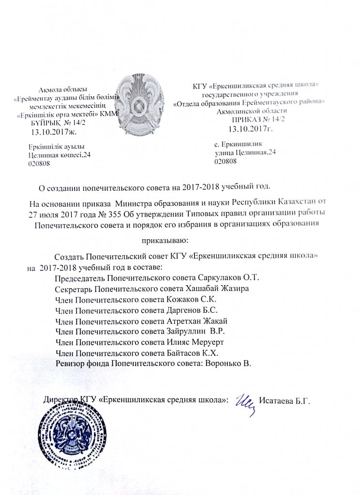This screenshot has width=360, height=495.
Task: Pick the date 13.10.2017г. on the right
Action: pos(251,129)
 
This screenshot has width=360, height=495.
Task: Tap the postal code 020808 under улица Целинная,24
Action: pos(225,162)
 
